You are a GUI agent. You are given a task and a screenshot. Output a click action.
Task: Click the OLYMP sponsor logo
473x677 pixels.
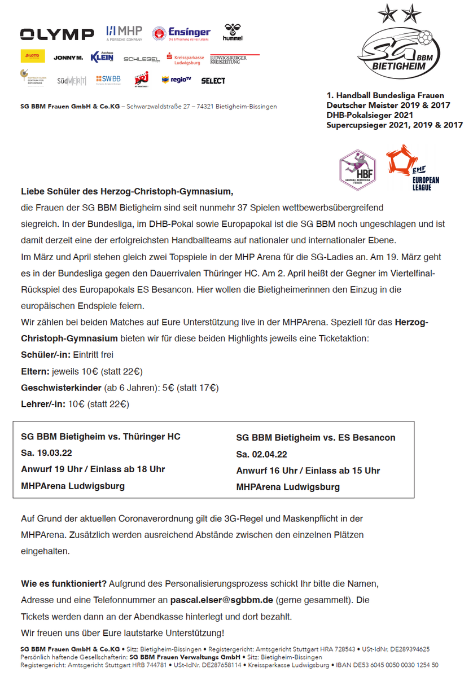(x=57, y=34)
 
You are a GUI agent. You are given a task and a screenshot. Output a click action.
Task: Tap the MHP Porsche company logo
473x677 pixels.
(x=124, y=33)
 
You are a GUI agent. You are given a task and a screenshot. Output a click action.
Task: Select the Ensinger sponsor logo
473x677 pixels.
(x=181, y=33)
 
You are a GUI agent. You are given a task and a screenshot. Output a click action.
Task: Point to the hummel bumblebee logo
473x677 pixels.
(x=233, y=32)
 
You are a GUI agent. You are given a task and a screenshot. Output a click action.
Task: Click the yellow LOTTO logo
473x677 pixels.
(x=33, y=56)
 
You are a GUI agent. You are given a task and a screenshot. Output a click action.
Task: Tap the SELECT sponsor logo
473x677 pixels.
(x=213, y=81)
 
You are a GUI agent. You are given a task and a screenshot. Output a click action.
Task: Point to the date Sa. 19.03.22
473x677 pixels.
(x=47, y=453)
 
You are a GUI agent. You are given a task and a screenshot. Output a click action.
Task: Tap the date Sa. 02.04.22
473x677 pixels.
(x=262, y=454)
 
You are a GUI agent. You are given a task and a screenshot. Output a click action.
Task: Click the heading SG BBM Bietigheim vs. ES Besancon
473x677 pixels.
(x=316, y=438)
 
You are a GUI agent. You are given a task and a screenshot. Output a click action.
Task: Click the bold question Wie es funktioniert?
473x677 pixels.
(x=64, y=583)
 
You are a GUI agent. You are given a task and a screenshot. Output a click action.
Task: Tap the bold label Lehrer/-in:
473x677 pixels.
(x=43, y=404)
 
